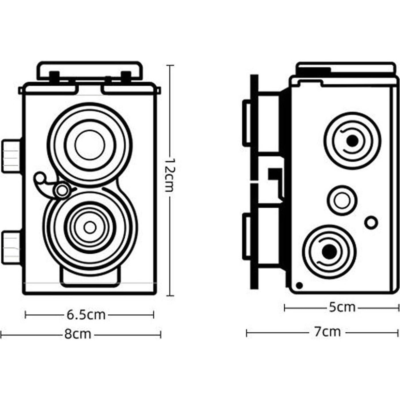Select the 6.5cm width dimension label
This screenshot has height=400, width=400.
pyautogui.click(x=86, y=315)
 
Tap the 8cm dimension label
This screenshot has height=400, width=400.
pyautogui.click(x=77, y=334)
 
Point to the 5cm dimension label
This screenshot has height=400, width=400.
pyautogui.click(x=342, y=307)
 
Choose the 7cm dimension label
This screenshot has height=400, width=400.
pyautogui.click(x=327, y=332)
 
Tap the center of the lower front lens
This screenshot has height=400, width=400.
pyautogui.click(x=90, y=228)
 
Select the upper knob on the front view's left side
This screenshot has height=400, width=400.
pyautogui.click(x=11, y=156)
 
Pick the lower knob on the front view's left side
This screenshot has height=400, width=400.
pyautogui.click(x=11, y=248)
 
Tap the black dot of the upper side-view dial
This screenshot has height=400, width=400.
pyautogui.click(x=352, y=140)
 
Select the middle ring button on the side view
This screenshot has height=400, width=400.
pyautogui.click(x=342, y=200)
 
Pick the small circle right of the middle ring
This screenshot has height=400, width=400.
pyautogui.click(x=371, y=222)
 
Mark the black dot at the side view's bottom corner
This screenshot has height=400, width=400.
pyautogui.click(x=299, y=285)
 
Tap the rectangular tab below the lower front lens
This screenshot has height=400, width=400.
pyautogui.click(x=90, y=278)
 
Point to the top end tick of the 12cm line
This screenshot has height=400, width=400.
pyautogui.click(x=170, y=65)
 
